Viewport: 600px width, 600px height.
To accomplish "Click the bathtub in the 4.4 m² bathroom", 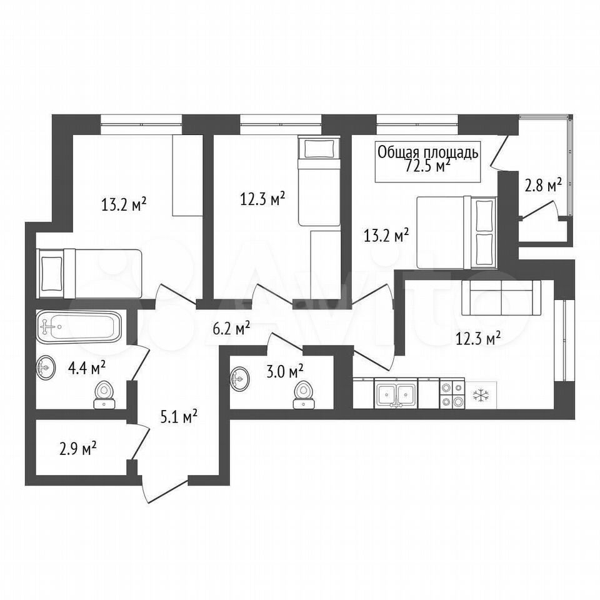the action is pyautogui.click(x=79, y=326).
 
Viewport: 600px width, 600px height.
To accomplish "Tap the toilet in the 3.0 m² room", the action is pyautogui.click(x=304, y=395).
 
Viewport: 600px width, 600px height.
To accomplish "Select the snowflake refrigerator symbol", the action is pyautogui.click(x=480, y=395).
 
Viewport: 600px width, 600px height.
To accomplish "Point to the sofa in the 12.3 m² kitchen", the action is pyautogui.click(x=501, y=297).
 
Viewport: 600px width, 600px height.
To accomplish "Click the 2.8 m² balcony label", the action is pyautogui.click(x=543, y=187).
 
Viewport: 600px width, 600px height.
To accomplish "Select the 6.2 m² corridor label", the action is pyautogui.click(x=231, y=328).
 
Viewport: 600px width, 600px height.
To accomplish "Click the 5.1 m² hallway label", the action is pyautogui.click(x=179, y=416).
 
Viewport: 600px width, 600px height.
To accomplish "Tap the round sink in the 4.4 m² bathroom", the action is pyautogui.click(x=46, y=367).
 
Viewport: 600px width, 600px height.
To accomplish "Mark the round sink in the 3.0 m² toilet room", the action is pyautogui.click(x=240, y=379).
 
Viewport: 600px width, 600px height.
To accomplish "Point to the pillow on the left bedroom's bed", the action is pyautogui.click(x=51, y=273).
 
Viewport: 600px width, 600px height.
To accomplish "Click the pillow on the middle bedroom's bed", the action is pyautogui.click(x=319, y=149).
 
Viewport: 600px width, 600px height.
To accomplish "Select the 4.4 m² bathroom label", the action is pyautogui.click(x=86, y=369).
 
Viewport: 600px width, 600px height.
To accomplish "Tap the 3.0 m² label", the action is pyautogui.click(x=285, y=371).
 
